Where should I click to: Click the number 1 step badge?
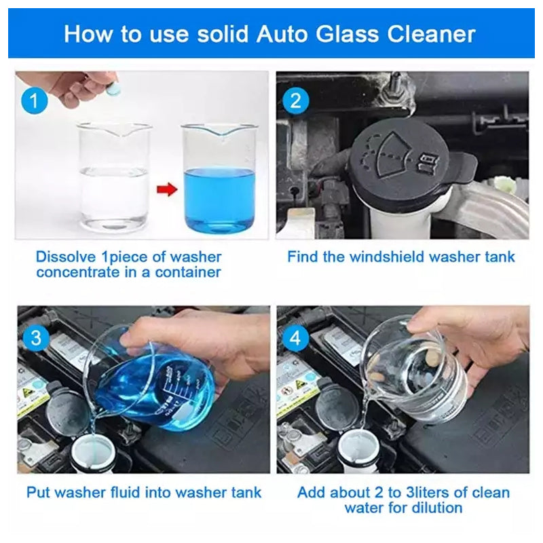pyautogui.click(x=34, y=100)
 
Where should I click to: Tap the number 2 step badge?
pyautogui.click(x=295, y=100)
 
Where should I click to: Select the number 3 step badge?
pyautogui.click(x=36, y=337)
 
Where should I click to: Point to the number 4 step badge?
pyautogui.click(x=295, y=337)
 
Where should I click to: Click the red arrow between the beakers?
pyautogui.click(x=167, y=190)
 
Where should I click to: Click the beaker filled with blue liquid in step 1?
pyautogui.click(x=219, y=178)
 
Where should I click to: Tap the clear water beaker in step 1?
pyautogui.click(x=114, y=177)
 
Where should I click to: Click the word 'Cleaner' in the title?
pyautogui.click(x=431, y=34)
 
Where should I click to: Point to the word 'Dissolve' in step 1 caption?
pyautogui.click(x=66, y=257)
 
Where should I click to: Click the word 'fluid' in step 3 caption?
pyautogui.click(x=127, y=493)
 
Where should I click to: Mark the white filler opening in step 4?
pyautogui.click(x=358, y=451)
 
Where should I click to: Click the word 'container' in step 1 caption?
pyautogui.click(x=188, y=272)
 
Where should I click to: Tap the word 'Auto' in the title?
pyautogui.click(x=282, y=34)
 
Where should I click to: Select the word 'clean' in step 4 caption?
pyautogui.click(x=491, y=493)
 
